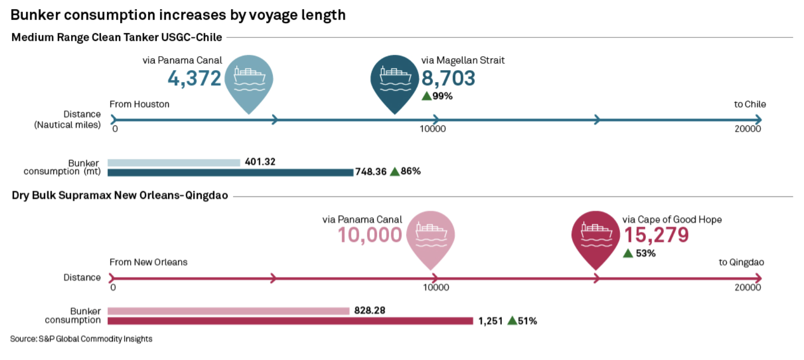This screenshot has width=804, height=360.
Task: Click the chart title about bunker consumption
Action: (178, 15)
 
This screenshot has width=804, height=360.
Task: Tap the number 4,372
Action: (195, 78)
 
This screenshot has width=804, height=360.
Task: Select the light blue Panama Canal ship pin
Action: (249, 79)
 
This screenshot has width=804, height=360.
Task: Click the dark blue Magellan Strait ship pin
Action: (395, 79)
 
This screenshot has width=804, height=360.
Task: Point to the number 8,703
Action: (448, 78)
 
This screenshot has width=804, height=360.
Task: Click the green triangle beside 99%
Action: (426, 96)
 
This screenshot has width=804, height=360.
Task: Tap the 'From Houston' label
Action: (139, 104)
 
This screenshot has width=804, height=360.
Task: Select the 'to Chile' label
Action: (750, 104)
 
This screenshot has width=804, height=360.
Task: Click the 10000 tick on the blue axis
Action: (433, 129)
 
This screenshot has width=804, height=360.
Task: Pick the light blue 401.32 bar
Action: (173, 163)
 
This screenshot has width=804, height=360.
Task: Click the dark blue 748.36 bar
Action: (230, 172)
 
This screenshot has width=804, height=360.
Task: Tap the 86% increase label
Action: (411, 171)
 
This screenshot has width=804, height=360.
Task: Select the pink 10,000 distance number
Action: (370, 235)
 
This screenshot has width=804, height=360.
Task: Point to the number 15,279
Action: (656, 235)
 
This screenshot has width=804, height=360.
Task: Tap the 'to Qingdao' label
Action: (741, 262)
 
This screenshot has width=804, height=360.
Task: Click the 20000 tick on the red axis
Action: (748, 288)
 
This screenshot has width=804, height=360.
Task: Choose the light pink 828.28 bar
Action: (228, 311)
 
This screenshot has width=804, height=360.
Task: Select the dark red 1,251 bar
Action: (290, 321)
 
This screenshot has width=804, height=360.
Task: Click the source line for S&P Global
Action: (81, 339)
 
